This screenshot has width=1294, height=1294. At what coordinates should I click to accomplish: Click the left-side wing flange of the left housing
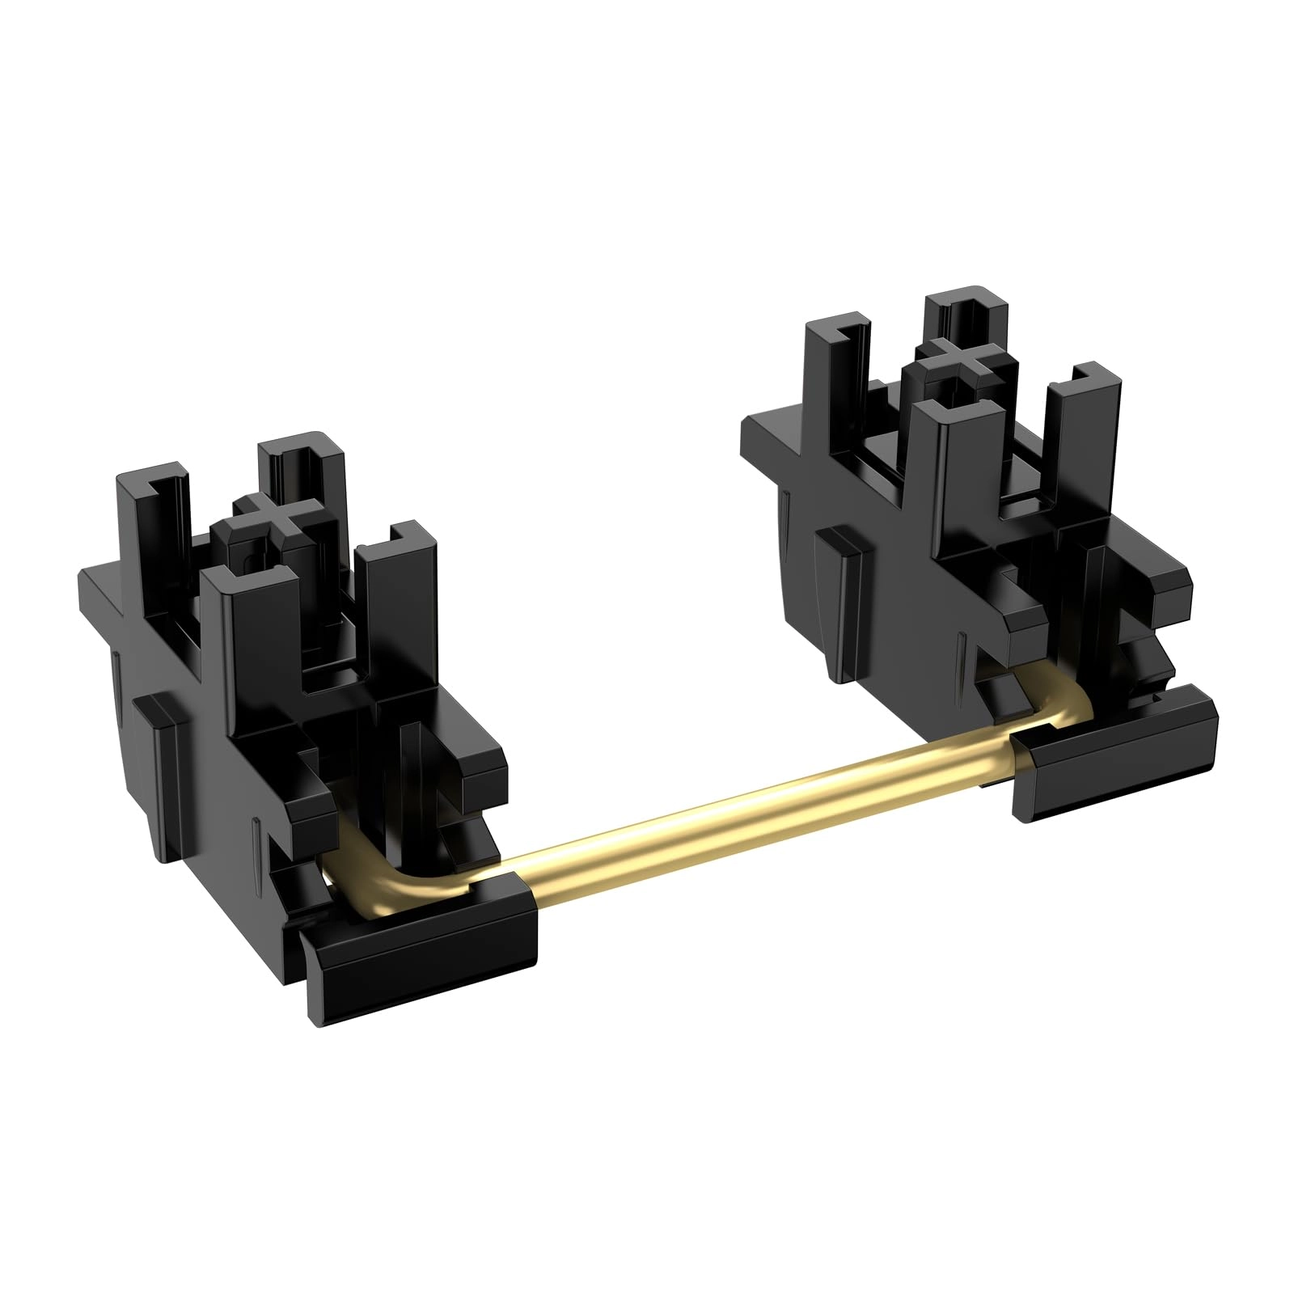tap(105, 590)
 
